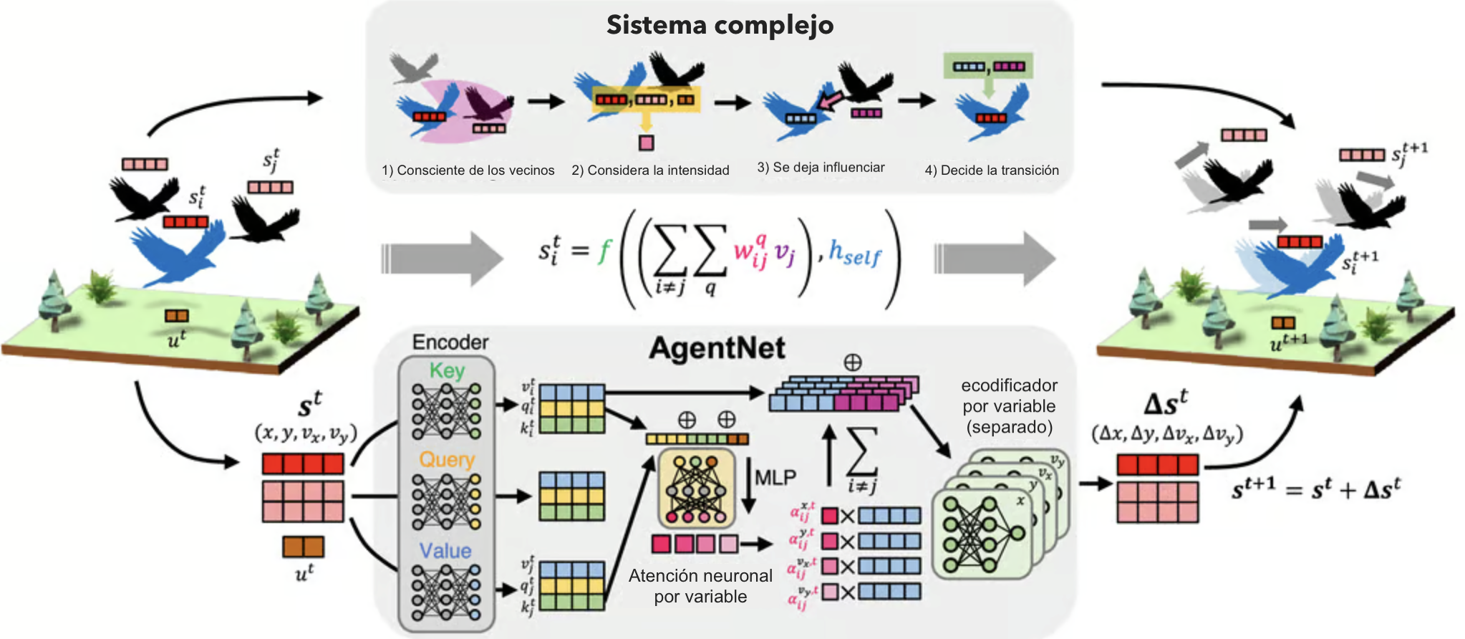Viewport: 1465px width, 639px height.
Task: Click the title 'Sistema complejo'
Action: (720, 25)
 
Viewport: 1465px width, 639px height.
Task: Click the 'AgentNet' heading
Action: (717, 349)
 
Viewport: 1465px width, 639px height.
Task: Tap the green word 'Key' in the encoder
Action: (447, 371)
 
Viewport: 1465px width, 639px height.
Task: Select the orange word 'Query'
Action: (447, 460)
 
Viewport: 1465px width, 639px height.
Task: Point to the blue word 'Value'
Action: (445, 551)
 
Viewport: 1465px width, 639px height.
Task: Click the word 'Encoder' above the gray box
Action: (450, 342)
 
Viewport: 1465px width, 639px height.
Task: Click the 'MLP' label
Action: (775, 477)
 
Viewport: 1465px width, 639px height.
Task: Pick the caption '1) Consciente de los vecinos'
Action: (468, 170)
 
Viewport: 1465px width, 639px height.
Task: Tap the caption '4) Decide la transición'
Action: (992, 170)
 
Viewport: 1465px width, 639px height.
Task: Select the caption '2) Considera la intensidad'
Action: (650, 170)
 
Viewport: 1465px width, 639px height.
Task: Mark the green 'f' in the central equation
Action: (604, 251)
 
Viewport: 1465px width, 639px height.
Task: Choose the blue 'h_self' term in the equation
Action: (855, 252)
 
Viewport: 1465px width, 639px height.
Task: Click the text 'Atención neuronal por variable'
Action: (700, 586)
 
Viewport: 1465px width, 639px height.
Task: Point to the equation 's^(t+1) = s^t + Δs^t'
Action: (1315, 489)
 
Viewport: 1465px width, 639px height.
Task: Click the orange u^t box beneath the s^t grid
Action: (303, 547)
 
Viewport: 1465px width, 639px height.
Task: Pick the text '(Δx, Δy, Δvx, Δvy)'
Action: (1167, 434)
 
